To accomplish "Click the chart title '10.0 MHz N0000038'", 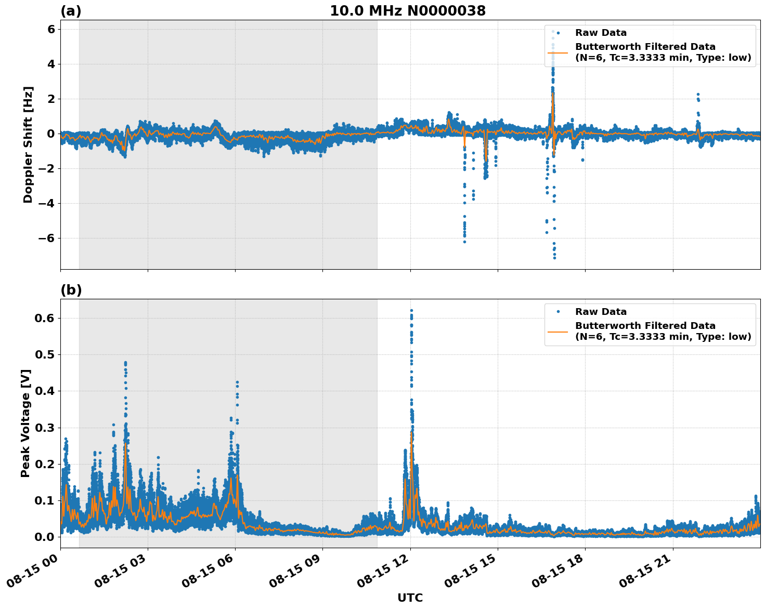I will [408, 11].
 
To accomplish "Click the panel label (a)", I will [71, 11].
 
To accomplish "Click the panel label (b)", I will [71, 290].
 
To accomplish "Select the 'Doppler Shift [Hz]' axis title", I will [28, 144].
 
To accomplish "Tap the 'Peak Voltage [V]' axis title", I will [25, 423].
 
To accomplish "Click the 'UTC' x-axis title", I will [410, 598].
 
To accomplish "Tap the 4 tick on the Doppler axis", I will [51, 64].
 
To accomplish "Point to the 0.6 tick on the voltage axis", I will [46, 318].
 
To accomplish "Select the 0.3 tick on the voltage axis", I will [46, 428].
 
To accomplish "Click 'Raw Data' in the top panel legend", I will [601, 33].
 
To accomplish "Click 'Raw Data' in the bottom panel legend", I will [601, 312].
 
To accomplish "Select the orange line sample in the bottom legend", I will [557, 331].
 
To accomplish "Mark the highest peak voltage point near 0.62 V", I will [411, 310].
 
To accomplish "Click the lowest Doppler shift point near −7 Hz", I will [554, 258].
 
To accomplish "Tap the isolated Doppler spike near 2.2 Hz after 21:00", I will [698, 95].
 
